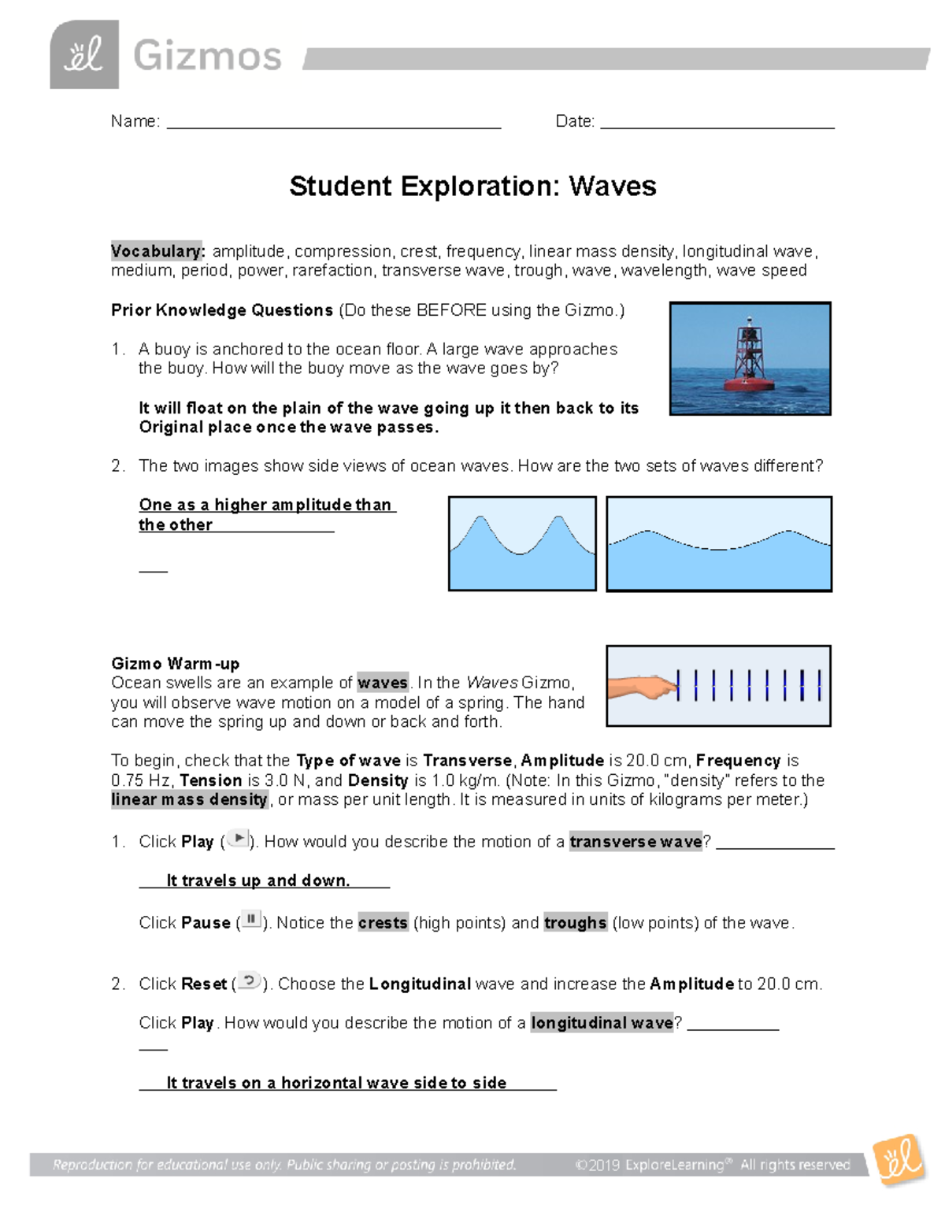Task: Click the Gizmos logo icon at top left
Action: click(x=84, y=54)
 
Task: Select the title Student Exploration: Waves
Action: click(x=472, y=187)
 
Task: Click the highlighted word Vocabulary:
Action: click(x=157, y=251)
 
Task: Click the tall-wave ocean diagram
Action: click(x=522, y=543)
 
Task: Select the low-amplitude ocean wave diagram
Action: click(x=719, y=543)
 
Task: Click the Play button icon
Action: click(x=238, y=839)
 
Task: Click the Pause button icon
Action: click(x=251, y=920)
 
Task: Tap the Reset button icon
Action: click(x=249, y=981)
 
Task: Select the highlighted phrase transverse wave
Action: click(x=636, y=842)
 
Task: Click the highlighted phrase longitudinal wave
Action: click(x=602, y=1023)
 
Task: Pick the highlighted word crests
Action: click(x=383, y=923)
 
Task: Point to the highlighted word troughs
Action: click(x=575, y=923)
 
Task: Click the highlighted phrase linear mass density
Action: click(x=190, y=800)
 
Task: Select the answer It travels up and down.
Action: click(x=258, y=880)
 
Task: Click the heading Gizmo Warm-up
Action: click(x=175, y=664)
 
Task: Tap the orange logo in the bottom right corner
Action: click(x=899, y=1159)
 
